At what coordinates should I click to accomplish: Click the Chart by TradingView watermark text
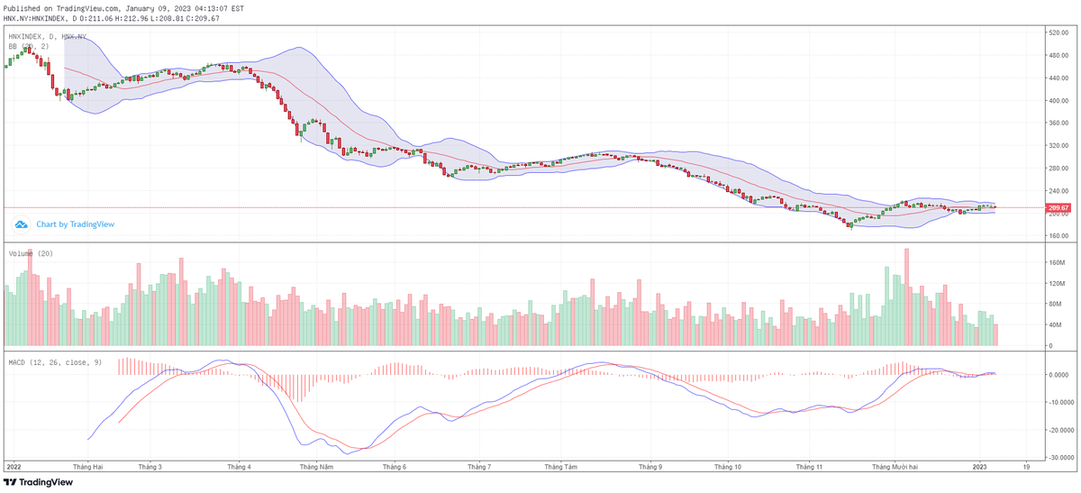75,224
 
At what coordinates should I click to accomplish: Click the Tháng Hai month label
88,468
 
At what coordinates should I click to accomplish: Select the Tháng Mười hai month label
895,468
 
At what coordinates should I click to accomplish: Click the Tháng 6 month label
395,468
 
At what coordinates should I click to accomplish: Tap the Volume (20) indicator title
31,254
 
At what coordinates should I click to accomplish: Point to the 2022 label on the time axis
14,468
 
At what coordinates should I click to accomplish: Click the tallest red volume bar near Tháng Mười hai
906,297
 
